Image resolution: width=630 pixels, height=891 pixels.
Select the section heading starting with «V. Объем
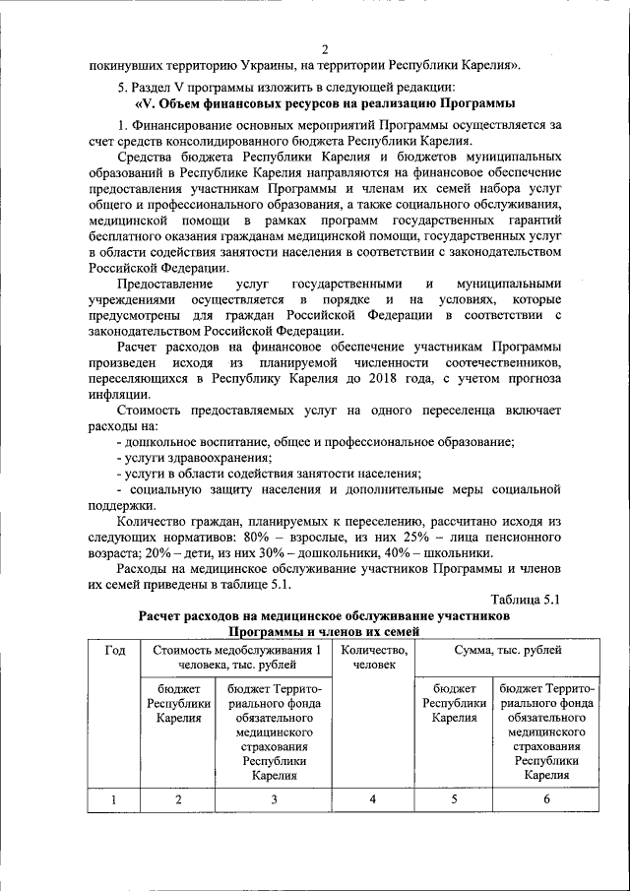point(324,103)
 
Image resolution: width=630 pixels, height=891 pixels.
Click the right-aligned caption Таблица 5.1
point(525,600)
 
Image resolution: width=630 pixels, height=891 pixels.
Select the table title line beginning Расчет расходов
point(324,615)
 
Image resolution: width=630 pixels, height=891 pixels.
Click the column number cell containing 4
point(373,799)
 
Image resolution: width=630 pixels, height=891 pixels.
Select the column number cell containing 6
point(548,799)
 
